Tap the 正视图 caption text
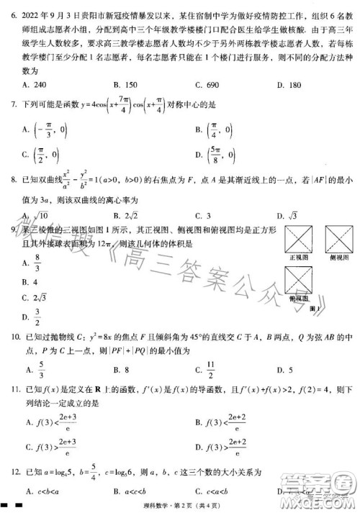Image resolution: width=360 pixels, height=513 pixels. (297, 257)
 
